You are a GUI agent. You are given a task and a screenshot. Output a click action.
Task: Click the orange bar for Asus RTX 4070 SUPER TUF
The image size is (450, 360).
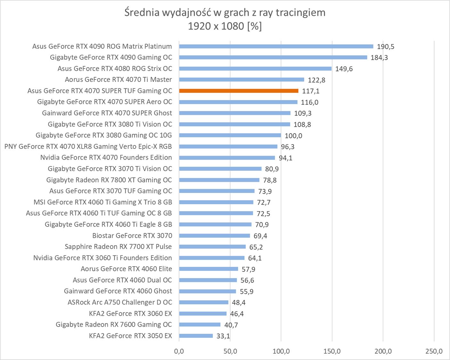coord(239,91)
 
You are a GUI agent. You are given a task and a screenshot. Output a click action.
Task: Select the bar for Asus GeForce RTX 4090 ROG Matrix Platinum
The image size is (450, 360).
coord(276,46)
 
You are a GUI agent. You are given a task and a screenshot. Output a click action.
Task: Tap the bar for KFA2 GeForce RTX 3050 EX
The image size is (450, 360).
coord(196,336)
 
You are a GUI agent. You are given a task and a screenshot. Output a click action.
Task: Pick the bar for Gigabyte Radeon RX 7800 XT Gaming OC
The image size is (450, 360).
coord(219,180)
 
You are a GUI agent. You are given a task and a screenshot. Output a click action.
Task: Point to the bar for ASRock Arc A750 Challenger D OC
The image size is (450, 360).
coord(204,302)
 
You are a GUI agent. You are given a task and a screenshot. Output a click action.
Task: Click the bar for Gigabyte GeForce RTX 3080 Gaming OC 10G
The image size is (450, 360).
coord(230,135)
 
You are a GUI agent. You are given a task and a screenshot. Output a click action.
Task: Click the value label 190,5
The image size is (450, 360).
coord(385,47)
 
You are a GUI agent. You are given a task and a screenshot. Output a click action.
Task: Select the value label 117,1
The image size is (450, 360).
coord(310,91)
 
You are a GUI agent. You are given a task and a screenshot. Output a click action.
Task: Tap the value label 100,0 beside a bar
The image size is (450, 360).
coord(293,136)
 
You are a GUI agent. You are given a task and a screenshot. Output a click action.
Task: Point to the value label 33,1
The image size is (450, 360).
coord(223,336)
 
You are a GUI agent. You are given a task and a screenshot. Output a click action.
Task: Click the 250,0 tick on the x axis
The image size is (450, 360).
coord(434,351)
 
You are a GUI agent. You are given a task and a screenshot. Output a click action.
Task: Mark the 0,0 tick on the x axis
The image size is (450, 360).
coord(179,351)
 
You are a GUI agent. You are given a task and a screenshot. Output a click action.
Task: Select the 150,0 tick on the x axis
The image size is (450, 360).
coord(332,351)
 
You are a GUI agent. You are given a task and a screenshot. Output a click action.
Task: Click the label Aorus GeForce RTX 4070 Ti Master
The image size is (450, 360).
coord(118,80)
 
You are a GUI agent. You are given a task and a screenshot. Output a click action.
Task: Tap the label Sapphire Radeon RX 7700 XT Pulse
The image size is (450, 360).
coord(118,247)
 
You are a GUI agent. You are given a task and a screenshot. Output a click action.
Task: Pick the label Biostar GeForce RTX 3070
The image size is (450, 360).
coord(132,236)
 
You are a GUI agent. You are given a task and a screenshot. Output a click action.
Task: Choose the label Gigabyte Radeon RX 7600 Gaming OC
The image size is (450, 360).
coord(114,324)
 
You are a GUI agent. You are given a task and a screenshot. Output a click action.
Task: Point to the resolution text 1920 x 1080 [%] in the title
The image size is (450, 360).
coord(225,26)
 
